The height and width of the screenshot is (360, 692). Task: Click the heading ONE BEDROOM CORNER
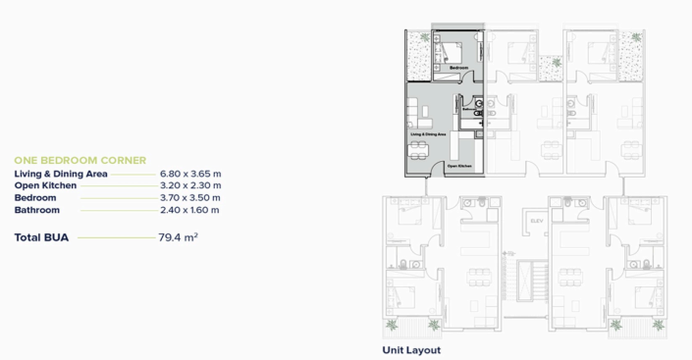tap(80, 160)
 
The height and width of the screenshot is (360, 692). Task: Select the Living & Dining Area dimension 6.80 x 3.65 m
tap(190, 173)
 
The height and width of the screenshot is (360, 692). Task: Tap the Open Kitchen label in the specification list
tap(46, 184)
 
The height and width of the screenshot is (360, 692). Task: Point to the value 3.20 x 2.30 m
tap(190, 184)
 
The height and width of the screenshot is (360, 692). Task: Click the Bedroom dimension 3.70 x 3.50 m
tap(190, 197)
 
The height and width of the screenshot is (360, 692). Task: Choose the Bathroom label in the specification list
tap(37, 209)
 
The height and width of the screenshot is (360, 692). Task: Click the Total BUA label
tap(41, 237)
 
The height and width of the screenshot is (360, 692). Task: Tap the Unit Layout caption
tap(411, 349)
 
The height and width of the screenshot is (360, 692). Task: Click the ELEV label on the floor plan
tap(537, 221)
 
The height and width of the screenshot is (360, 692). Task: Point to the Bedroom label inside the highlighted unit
tap(459, 67)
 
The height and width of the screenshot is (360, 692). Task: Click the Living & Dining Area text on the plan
tap(428, 132)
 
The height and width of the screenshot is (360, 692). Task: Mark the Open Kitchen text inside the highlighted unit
tap(459, 167)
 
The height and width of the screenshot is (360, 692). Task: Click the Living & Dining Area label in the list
tap(61, 173)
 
